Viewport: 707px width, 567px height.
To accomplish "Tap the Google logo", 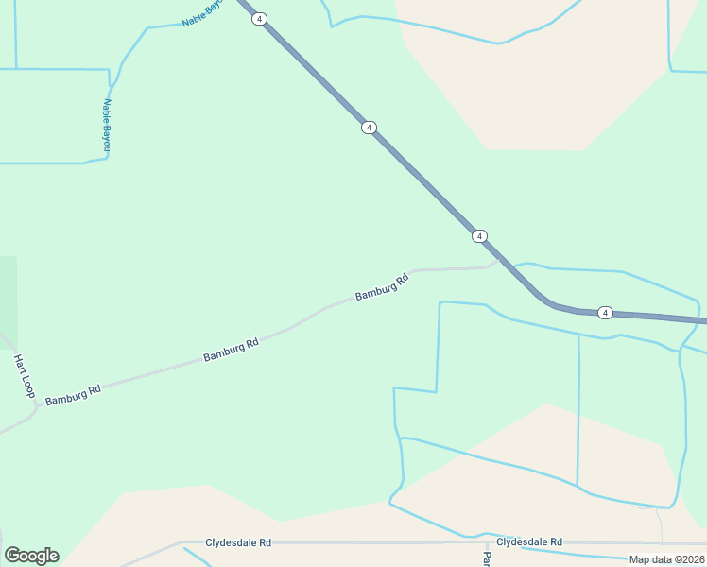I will (x=31, y=556).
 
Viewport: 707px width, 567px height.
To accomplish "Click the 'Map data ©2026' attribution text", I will (x=666, y=559).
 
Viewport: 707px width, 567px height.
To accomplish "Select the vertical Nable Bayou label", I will (x=107, y=125).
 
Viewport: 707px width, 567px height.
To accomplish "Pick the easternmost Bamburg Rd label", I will (x=382, y=287).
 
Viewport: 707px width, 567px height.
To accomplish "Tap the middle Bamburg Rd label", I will (x=231, y=351).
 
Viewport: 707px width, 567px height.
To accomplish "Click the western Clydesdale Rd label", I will (x=238, y=543).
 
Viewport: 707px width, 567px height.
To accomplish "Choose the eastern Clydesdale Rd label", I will (x=529, y=542).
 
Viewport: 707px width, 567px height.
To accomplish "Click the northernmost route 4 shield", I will (x=259, y=19).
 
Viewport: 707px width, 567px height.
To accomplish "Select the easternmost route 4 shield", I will (x=606, y=313).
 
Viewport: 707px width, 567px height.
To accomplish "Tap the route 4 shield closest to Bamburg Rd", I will (x=480, y=235).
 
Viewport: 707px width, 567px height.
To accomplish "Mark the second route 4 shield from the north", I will (x=369, y=128).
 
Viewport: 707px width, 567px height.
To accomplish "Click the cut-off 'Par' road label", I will (x=487, y=558).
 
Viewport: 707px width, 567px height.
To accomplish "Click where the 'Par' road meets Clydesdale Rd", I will (x=487, y=543).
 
